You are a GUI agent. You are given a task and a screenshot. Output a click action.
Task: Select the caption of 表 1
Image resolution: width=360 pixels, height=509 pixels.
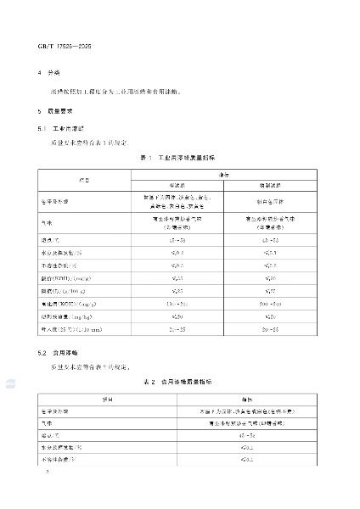[181, 159]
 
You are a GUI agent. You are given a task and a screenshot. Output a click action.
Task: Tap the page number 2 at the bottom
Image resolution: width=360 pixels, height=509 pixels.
[52, 480]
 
